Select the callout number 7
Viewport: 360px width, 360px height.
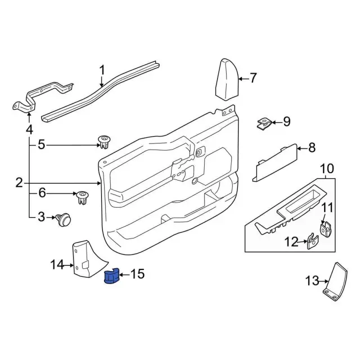(253, 78)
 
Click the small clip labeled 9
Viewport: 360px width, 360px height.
(263, 122)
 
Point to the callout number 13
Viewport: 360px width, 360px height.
(311, 280)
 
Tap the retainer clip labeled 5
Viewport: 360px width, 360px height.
(105, 141)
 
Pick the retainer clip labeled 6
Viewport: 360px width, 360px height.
(83, 197)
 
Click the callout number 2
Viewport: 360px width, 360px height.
(19, 183)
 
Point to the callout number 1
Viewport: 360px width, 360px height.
(102, 70)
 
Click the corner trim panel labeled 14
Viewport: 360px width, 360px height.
(84, 259)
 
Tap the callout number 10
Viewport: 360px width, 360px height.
(327, 168)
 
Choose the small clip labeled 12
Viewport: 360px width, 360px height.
(312, 242)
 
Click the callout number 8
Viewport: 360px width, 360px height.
(312, 148)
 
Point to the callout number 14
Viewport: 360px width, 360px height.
(57, 264)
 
